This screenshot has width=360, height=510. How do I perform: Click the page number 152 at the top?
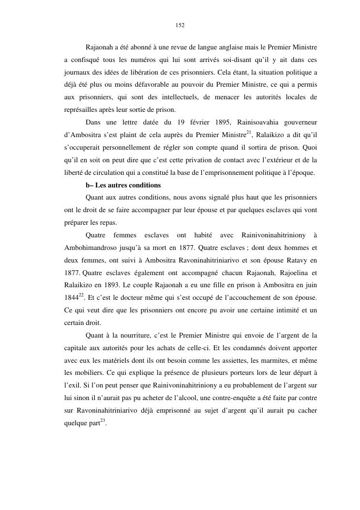click(180, 25)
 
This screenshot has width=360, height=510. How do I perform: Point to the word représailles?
click(83, 109)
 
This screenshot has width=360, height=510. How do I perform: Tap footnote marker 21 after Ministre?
click(249, 132)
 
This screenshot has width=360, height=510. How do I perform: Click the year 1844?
click(71, 298)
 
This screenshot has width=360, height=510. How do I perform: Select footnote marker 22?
click(81, 296)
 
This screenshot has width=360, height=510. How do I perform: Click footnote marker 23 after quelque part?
click(102, 422)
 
